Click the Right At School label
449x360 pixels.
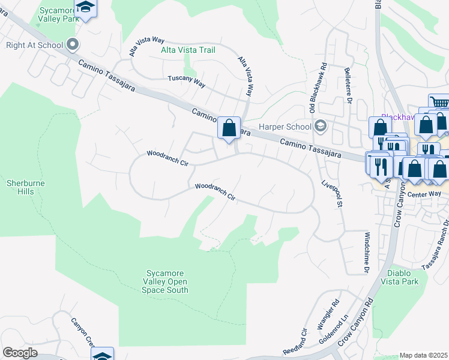pyautogui.click(x=33, y=45)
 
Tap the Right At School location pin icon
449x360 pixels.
pyautogui.click(x=73, y=44)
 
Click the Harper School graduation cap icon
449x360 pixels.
pyautogui.click(x=321, y=125)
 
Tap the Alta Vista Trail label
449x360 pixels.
pyautogui.click(x=188, y=50)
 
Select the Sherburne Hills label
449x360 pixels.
pyautogui.click(x=26, y=187)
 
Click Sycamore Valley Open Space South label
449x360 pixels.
pyautogui.click(x=165, y=281)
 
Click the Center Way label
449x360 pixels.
pyautogui.click(x=424, y=194)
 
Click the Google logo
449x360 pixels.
pyautogui.click(x=20, y=353)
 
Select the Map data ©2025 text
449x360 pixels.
pyautogui.click(x=424, y=355)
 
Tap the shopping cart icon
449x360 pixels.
pyautogui.click(x=439, y=103)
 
